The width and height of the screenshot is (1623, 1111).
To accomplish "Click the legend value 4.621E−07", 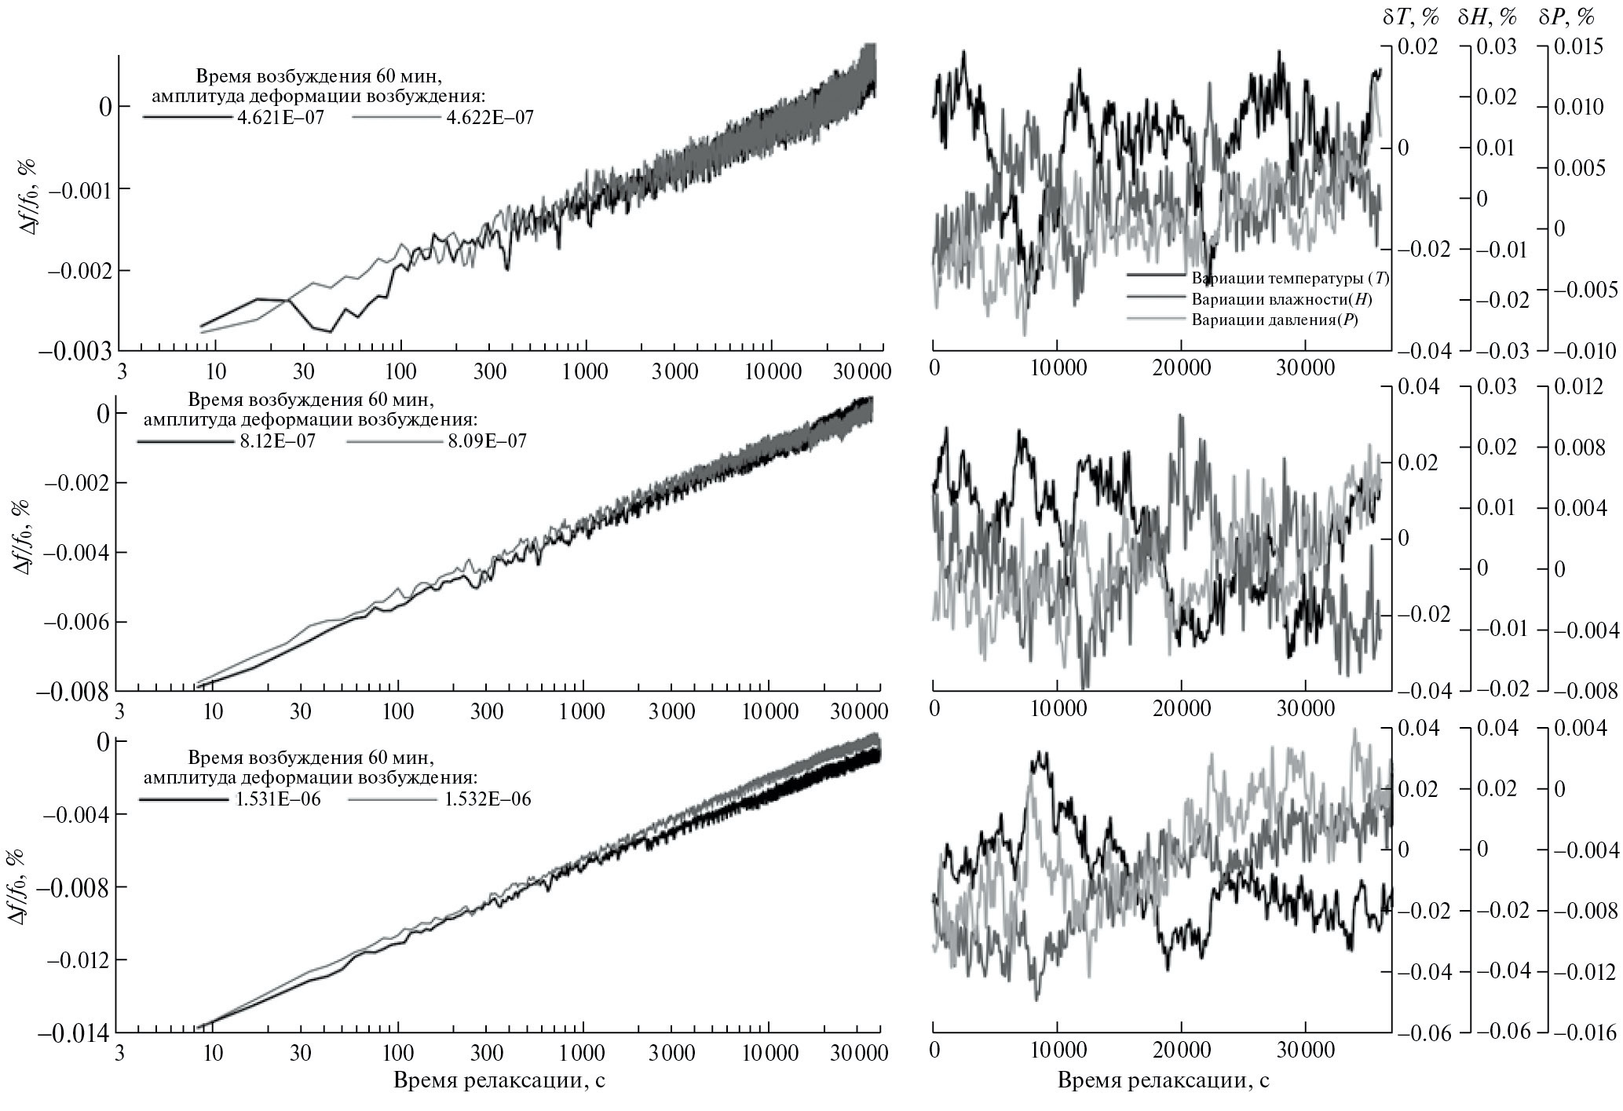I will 280,118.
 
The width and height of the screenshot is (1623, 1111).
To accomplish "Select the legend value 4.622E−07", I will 489,118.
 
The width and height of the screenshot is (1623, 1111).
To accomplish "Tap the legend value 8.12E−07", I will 277,440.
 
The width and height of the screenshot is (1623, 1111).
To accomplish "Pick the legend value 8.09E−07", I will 487,440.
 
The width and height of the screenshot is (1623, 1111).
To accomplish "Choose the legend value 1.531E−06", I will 280,799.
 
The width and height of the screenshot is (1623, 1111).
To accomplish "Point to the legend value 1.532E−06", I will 489,799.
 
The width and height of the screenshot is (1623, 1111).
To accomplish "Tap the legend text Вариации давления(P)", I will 1275,320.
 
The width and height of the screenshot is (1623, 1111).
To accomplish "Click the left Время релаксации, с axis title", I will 499,1080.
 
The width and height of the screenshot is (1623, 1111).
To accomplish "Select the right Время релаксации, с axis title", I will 1163,1080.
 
